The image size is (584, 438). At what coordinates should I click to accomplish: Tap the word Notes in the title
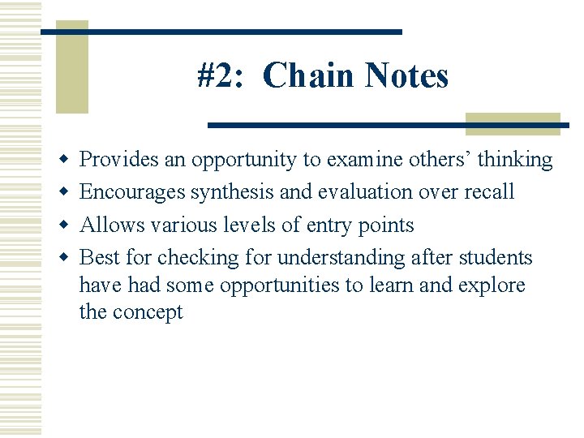406,76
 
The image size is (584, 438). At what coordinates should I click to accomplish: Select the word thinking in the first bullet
515,160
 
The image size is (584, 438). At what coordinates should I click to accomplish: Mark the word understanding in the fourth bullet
341,258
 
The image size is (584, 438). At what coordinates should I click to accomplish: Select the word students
496,257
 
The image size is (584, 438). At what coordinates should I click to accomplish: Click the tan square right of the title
513,123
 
